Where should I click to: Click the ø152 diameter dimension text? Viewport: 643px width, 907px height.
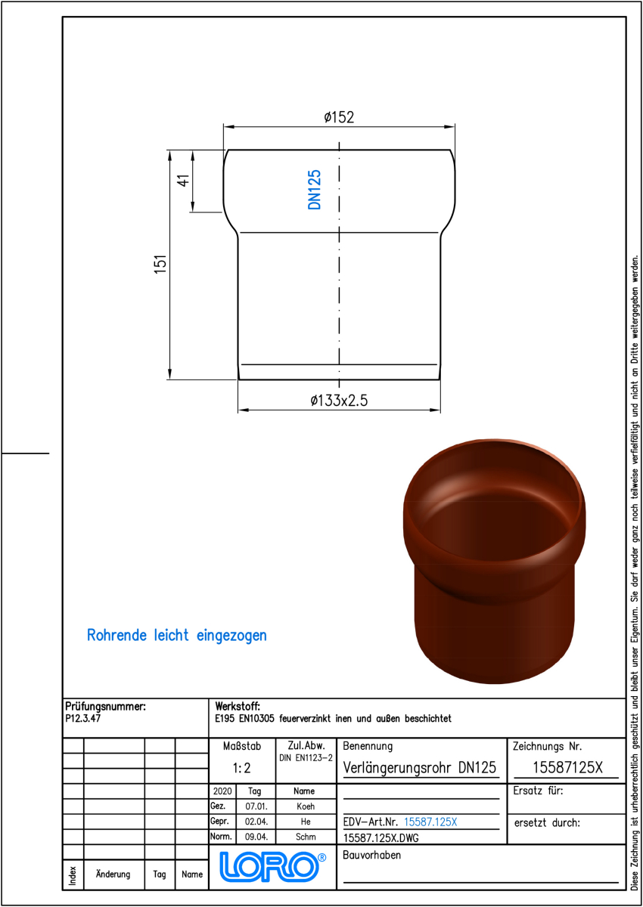point(339,117)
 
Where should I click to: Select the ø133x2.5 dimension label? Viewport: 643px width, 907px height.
point(339,401)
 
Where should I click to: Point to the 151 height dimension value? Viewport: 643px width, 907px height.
point(160,264)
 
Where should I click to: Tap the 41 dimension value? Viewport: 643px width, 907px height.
point(183,180)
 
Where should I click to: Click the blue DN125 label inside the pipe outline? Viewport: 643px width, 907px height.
point(315,190)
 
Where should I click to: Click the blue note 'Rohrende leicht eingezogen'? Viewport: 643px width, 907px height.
point(177,636)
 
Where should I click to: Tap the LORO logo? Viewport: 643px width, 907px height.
point(272,866)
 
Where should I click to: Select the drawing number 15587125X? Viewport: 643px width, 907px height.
point(567,767)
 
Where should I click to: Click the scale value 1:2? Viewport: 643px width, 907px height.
point(242,768)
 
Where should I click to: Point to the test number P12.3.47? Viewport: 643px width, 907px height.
point(82,718)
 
